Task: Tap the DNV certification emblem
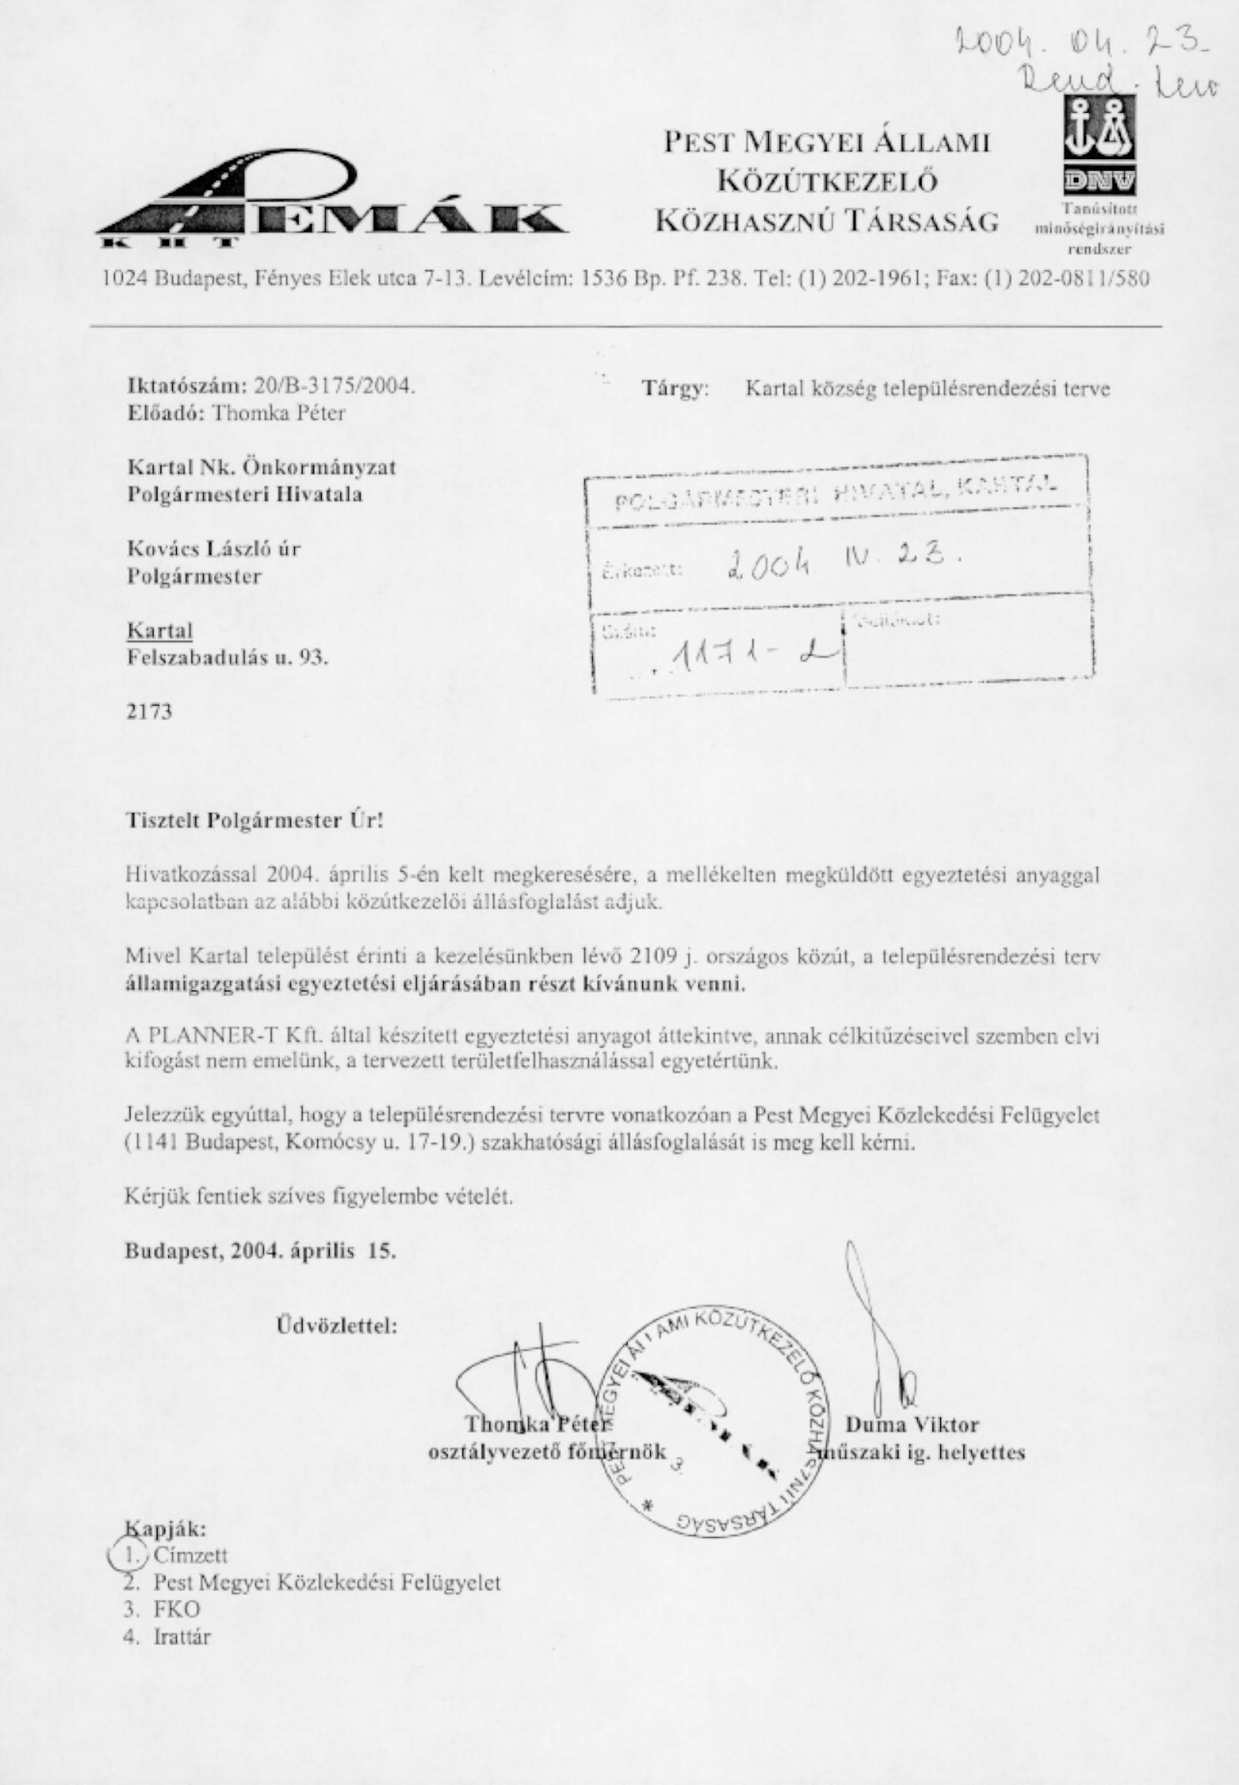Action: pos(1099,147)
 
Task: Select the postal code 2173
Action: pos(150,711)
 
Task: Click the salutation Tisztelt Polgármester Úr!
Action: pos(255,821)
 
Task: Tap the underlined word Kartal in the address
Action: pos(160,630)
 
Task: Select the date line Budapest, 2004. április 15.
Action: pos(261,1251)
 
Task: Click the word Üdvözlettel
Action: pos(337,1325)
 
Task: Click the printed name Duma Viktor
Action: pos(912,1424)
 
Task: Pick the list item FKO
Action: pos(176,1608)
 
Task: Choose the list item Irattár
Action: pos(181,1637)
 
